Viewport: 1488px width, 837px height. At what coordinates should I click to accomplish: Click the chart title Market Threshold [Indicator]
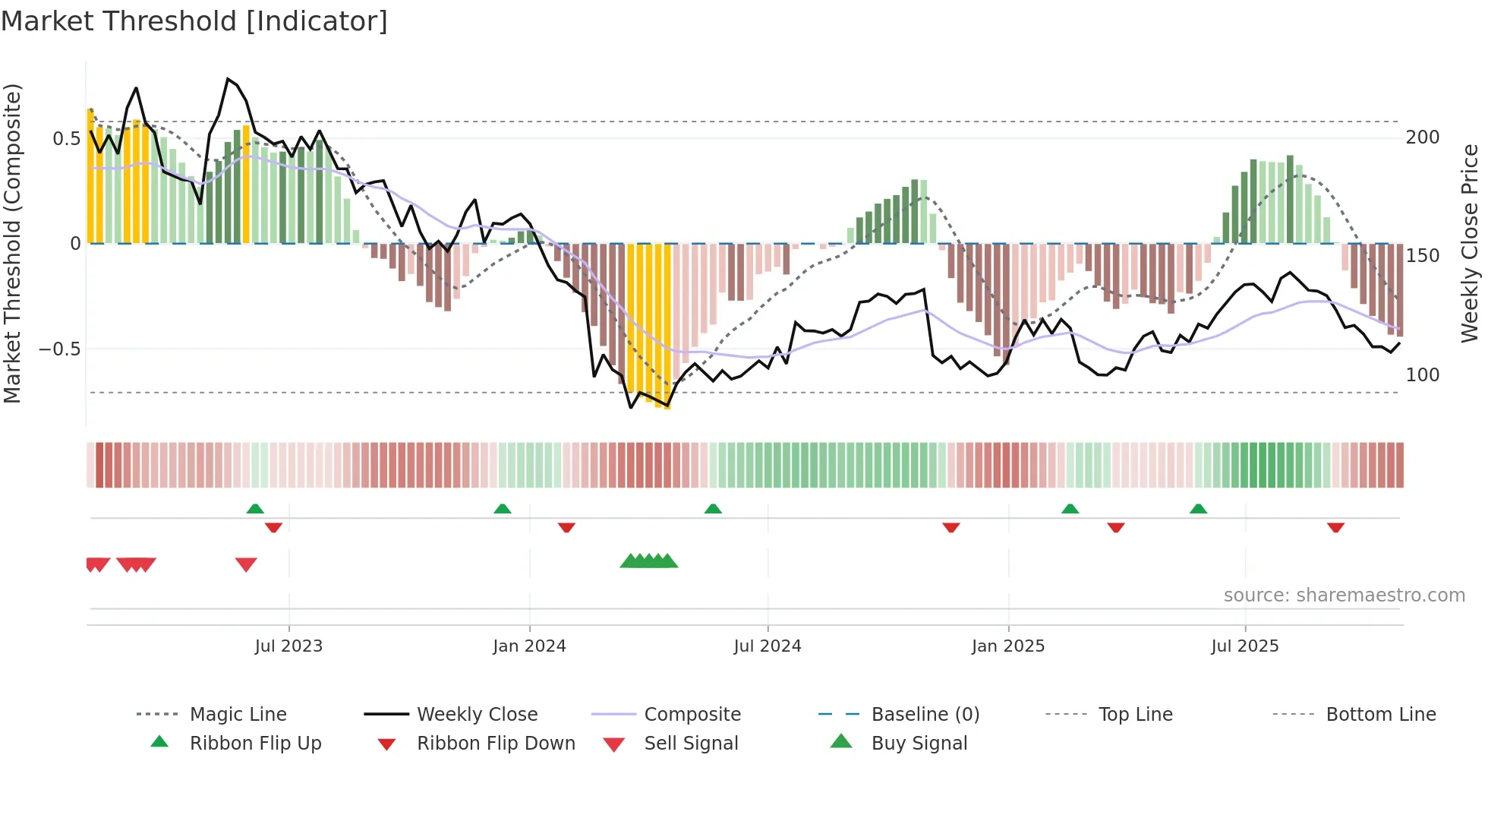[x=194, y=21]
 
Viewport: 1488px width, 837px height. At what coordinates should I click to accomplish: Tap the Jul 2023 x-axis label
[x=288, y=646]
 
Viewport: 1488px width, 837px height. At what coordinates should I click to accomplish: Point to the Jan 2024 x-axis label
[x=529, y=646]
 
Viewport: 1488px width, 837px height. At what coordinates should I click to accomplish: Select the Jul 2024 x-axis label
[x=768, y=646]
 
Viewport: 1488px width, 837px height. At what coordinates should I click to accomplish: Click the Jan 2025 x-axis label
[x=1008, y=646]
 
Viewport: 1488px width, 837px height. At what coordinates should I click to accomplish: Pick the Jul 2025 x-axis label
[x=1245, y=646]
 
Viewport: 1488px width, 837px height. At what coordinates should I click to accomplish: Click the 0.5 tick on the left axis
[x=66, y=139]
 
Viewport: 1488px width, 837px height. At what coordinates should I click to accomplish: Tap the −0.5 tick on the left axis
[x=59, y=349]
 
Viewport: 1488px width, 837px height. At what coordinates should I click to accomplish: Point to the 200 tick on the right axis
[x=1423, y=137]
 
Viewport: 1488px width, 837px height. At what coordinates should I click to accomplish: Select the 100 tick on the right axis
[x=1423, y=375]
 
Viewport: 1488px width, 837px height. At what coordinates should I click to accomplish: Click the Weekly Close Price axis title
[x=1470, y=243]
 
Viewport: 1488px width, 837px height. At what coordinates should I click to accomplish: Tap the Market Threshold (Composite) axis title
[x=12, y=243]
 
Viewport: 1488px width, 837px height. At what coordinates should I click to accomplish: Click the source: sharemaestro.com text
[x=1344, y=595]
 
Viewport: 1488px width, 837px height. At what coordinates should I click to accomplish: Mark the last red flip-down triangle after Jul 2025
[x=1335, y=527]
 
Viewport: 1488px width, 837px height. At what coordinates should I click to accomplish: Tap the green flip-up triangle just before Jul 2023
[x=255, y=509]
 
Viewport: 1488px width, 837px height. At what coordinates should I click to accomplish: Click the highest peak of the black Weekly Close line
[x=227, y=79]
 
